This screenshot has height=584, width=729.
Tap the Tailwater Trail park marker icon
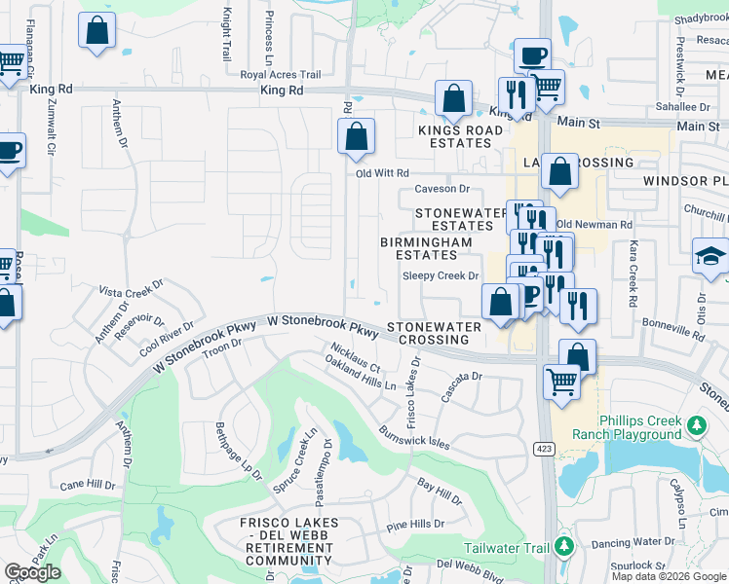[x=562, y=547]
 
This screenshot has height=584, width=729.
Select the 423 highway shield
[x=542, y=449]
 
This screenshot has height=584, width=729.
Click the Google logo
[x=32, y=572]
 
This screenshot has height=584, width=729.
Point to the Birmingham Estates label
[x=426, y=248]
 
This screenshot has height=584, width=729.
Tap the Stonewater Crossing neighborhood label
[x=434, y=334]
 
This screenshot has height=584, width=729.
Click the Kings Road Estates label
[x=454, y=136]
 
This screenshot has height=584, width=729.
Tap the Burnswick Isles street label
[x=414, y=436]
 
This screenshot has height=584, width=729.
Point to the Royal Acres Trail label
[x=281, y=75]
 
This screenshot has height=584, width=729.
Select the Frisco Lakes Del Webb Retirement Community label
[x=289, y=542]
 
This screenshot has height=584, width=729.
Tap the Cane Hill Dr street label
[x=88, y=484]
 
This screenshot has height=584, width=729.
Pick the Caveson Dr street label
[x=442, y=189]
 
